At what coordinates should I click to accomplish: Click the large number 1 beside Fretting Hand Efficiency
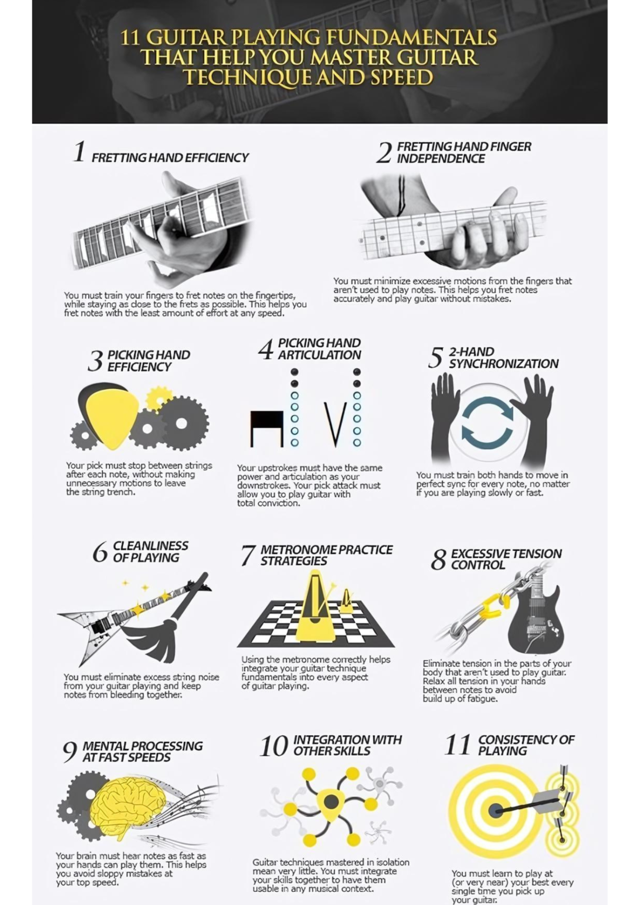[x=80, y=151]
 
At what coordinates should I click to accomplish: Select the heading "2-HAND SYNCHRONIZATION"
[x=503, y=358]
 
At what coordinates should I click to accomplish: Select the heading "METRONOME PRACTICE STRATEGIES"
[x=326, y=555]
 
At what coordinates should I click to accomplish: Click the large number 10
[x=274, y=746]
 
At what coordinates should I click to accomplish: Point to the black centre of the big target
[x=495, y=810]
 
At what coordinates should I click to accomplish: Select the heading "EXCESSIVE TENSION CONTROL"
[x=506, y=559]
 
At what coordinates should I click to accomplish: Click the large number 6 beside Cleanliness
[x=100, y=552]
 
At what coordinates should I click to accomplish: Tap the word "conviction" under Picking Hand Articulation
[x=278, y=503]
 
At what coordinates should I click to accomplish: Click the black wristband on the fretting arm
[x=401, y=195]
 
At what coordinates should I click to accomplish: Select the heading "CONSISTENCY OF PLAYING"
[x=526, y=745]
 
